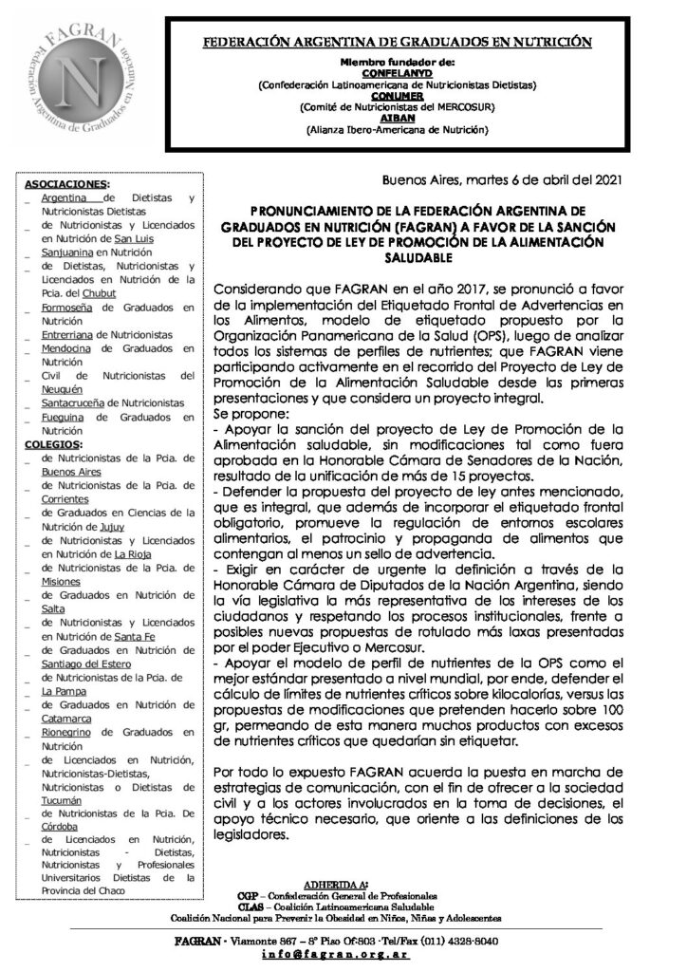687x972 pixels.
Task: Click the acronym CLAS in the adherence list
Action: coord(249,907)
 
